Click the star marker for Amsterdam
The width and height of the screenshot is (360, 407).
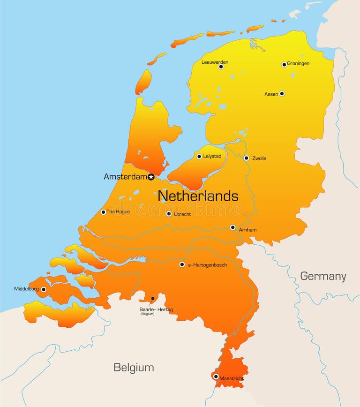click(151, 177)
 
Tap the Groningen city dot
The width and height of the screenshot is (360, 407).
click(284, 64)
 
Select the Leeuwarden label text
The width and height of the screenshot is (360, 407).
click(215, 61)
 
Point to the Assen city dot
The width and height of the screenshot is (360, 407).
click(282, 94)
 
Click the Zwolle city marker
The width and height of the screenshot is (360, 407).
click(247, 158)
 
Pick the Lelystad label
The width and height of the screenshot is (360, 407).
click(212, 156)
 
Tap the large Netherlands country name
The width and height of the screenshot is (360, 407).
click(198, 196)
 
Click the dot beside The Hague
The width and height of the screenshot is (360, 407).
click(104, 212)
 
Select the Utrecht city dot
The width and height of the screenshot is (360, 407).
click(169, 214)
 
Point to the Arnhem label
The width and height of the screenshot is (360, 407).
click(247, 230)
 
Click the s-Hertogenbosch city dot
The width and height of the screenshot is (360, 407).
click(182, 264)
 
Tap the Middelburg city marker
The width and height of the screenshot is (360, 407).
click(44, 289)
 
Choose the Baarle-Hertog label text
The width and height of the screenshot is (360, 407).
click(156, 309)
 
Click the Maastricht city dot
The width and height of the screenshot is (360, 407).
click(216, 376)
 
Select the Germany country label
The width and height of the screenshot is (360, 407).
click(323, 276)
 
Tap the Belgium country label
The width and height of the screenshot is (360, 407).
click(134, 367)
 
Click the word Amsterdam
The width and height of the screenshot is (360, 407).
click(125, 177)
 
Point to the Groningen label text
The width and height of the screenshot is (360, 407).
click(298, 64)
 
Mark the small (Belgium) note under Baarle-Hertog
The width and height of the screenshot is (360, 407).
click(147, 314)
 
